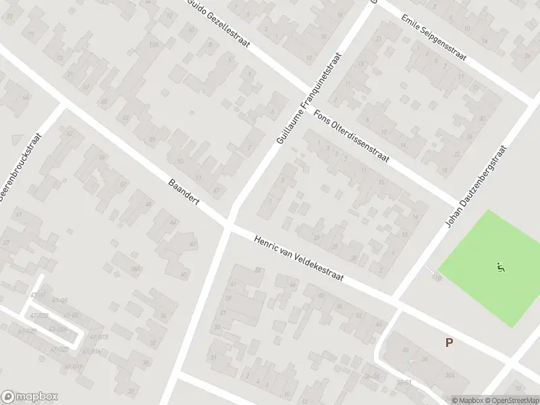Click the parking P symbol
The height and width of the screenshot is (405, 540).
point(449,343)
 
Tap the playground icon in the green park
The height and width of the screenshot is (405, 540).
point(500,267)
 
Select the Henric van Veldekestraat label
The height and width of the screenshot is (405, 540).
point(299,259)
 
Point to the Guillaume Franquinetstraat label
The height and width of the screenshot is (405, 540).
point(308,101)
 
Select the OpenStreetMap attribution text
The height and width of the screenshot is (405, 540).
point(512,400)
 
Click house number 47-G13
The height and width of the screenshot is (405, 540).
point(99,337)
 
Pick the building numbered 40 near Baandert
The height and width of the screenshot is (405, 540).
point(184,275)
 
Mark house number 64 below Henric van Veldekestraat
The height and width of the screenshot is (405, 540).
point(292,285)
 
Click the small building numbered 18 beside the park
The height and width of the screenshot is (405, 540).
point(437,277)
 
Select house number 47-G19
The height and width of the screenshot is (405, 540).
point(74,367)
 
